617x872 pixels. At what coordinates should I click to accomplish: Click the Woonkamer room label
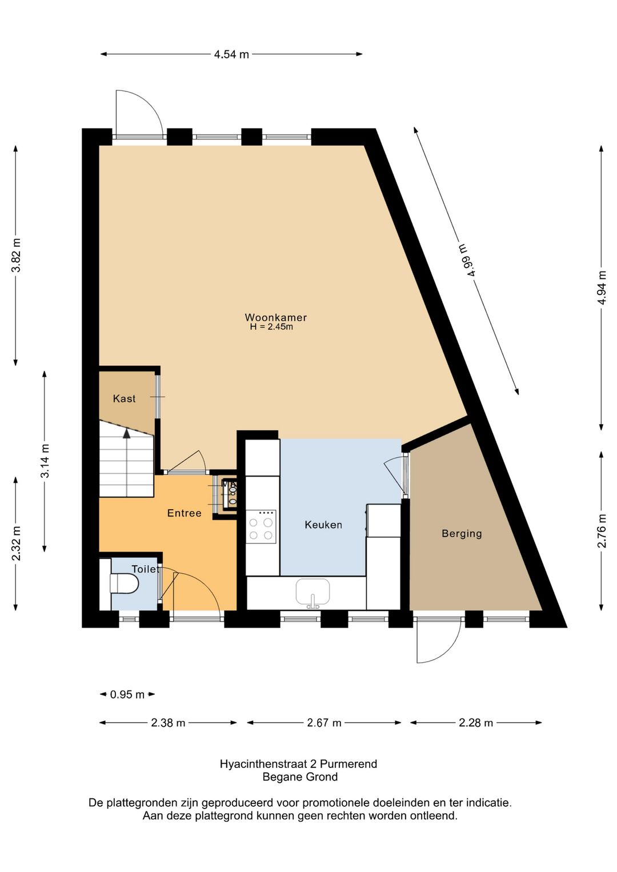coord(275,318)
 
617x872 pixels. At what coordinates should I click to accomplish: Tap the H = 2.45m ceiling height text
coord(271,327)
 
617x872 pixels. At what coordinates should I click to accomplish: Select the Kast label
coord(124,399)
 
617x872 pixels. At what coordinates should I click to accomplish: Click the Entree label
coord(184,513)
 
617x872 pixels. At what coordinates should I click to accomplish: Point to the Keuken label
coord(323,525)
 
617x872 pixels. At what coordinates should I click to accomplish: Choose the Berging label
coord(462,534)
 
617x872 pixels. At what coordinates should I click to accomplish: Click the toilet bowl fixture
coord(124,583)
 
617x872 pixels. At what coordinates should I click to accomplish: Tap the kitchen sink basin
coord(312,592)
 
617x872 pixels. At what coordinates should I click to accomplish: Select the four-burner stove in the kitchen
coord(261,526)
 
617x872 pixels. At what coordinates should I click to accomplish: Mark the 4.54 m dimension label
coord(231,54)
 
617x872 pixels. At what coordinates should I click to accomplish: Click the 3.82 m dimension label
coord(16,255)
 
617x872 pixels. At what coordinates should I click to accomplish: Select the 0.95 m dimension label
coord(127,694)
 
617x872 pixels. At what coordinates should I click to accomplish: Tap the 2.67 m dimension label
coord(324,723)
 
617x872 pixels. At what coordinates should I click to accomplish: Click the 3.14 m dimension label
coord(45,461)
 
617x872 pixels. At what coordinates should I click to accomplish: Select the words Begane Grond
coord(300,777)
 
